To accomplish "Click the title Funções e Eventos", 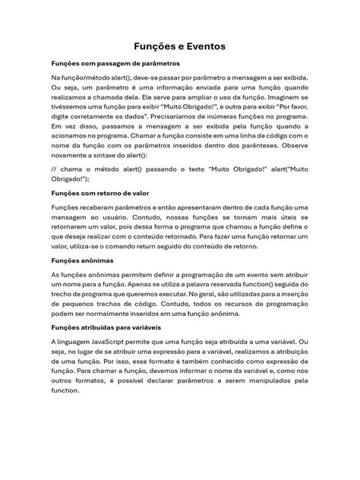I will pyautogui.click(x=180, y=47).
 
